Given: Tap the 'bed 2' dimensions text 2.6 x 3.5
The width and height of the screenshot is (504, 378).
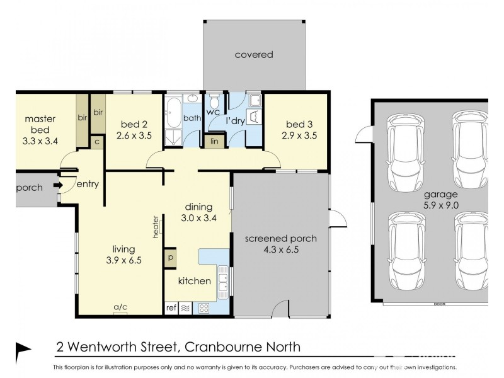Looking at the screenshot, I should tap(134, 135).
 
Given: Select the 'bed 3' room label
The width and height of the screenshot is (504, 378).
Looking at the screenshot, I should tap(295, 123).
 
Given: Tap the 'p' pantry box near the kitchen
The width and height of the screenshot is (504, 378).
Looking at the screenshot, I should tap(171, 257).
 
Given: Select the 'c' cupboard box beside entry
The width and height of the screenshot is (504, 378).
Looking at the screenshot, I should tap(97, 142).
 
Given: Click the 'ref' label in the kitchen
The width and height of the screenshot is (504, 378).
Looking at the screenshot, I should tap(171, 308).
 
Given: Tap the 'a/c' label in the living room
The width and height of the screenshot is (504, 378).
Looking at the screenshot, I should tap(120, 307).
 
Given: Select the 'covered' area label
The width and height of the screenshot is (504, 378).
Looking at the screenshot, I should tap(254, 55).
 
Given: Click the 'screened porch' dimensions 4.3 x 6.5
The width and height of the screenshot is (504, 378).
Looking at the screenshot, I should tap(281, 249).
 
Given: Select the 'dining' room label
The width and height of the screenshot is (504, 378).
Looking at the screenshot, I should tap(198, 207).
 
